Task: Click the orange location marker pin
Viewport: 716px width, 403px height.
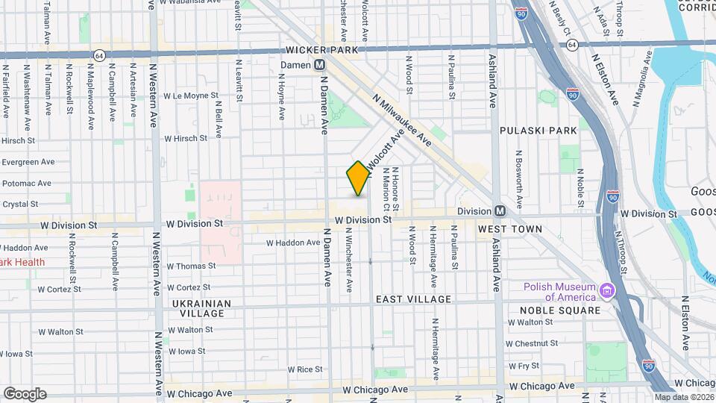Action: tap(358, 178)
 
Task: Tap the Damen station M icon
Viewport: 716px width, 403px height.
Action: tap(318, 65)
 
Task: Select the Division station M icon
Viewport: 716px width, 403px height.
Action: tap(499, 211)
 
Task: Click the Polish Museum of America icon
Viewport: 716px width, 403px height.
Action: tap(608, 290)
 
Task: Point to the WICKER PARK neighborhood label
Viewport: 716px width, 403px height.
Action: tap(322, 50)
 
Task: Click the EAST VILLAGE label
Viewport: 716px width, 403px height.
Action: tap(413, 299)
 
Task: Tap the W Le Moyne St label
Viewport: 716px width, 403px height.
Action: tap(191, 96)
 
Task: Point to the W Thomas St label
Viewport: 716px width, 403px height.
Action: tap(191, 266)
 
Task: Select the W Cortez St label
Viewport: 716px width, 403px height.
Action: tap(189, 288)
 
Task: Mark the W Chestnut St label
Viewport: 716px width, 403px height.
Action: tap(532, 343)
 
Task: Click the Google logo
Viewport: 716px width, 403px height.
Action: tap(25, 393)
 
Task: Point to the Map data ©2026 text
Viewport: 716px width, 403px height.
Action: tap(684, 398)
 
